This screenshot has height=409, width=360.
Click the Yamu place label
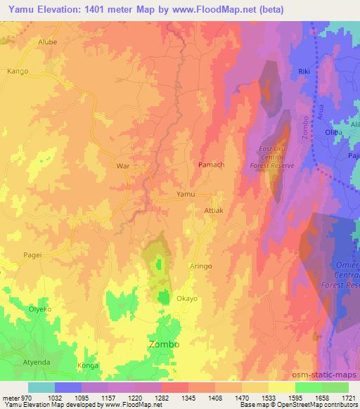pyautogui.click(x=186, y=194)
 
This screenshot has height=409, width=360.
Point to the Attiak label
pyautogui.click(x=213, y=210)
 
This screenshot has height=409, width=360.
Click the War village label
pyautogui.click(x=122, y=167)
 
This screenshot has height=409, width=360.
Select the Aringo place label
pyautogui.click(x=201, y=266)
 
